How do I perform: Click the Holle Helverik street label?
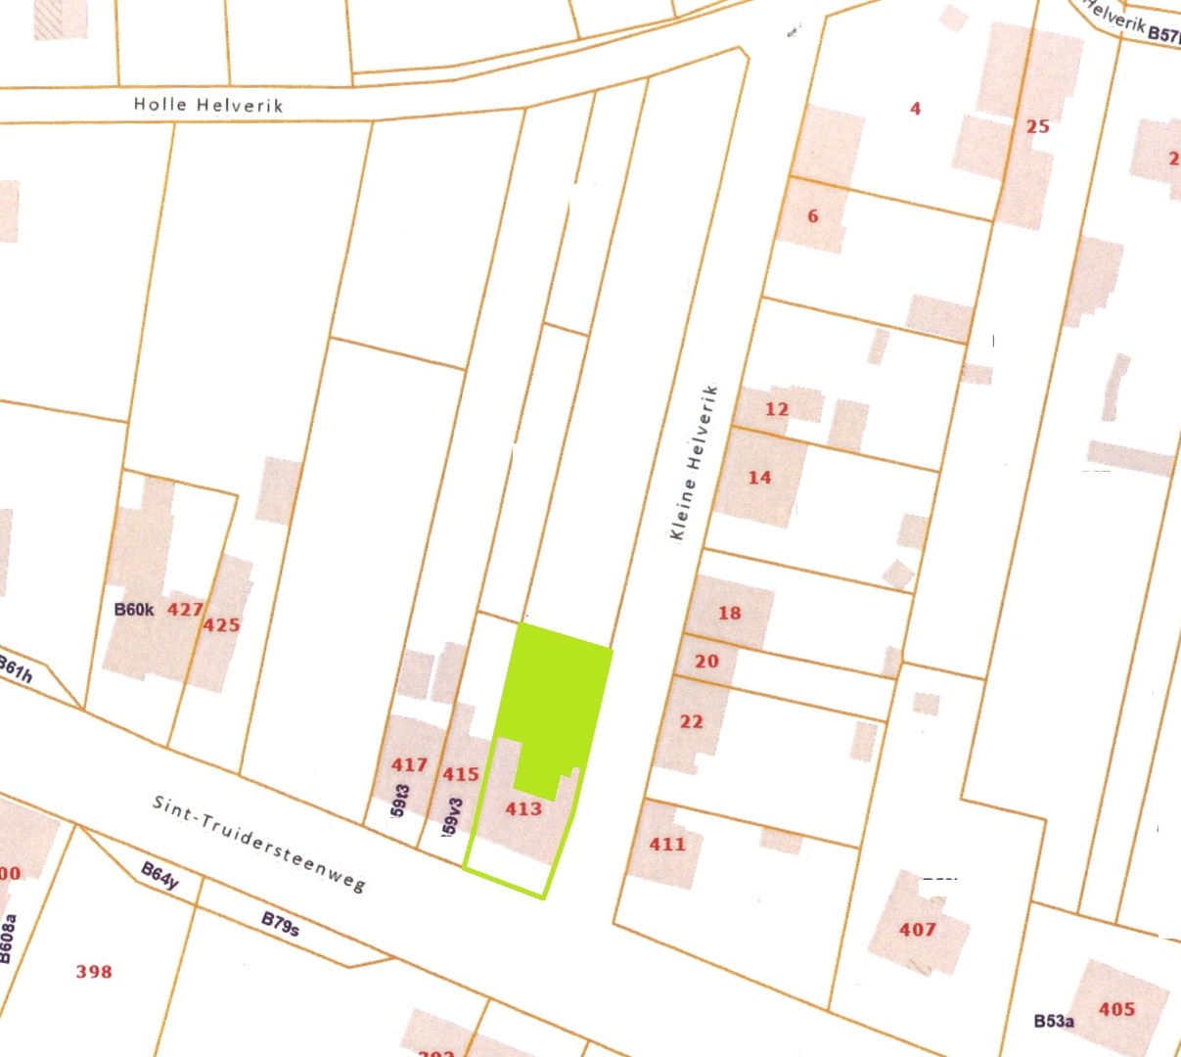tap(208, 105)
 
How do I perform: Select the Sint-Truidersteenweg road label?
tap(259, 843)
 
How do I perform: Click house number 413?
tap(523, 808)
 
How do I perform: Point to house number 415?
tap(460, 774)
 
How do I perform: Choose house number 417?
tap(409, 764)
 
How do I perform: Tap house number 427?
tap(185, 609)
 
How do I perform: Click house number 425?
tap(221, 624)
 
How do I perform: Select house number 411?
tap(667, 844)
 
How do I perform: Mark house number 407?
tap(918, 929)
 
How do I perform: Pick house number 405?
tap(1116, 1009)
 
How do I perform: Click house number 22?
tap(691, 721)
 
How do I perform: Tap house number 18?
tap(729, 614)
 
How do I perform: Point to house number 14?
tap(759, 478)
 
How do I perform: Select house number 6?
tap(812, 216)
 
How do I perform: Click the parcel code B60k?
tap(134, 610)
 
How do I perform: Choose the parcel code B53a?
tap(1054, 1021)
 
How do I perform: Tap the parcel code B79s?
tap(280, 924)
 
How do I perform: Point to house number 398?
tap(94, 972)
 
